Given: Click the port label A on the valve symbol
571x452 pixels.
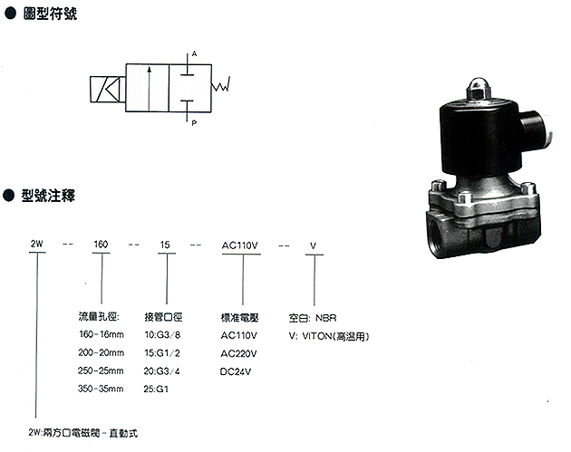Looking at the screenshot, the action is click(x=194, y=53).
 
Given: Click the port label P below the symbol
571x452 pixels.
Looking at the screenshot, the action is click(x=194, y=123).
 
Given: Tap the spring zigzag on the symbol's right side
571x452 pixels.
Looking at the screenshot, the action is click(x=220, y=84).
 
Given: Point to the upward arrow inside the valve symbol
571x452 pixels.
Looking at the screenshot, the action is click(x=149, y=89).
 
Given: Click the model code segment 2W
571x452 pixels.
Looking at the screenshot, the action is click(x=37, y=244).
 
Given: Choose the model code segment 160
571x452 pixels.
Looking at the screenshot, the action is click(x=101, y=245).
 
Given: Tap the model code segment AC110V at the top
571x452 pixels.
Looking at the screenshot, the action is click(x=240, y=245).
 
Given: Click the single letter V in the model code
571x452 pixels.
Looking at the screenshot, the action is click(x=314, y=246).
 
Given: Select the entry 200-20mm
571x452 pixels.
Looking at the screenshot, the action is click(x=102, y=352).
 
